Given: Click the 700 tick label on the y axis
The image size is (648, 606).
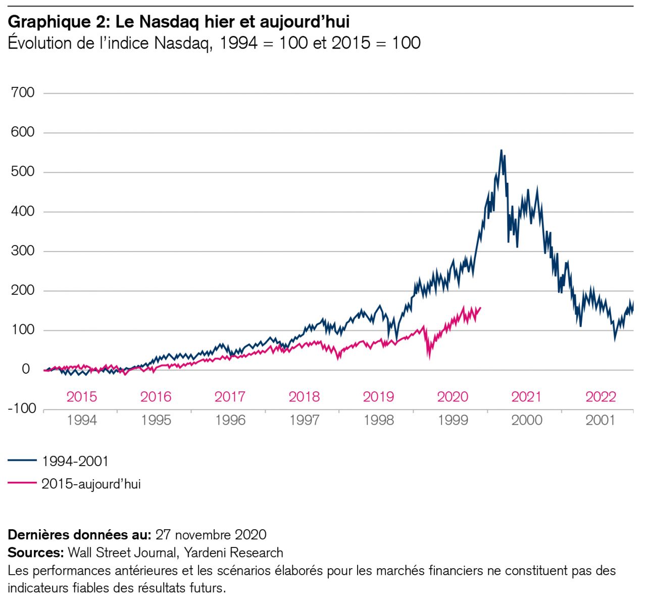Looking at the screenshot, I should (x=23, y=92).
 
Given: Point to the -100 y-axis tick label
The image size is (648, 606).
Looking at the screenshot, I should (x=22, y=409).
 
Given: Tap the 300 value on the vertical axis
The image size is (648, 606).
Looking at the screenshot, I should (x=23, y=251).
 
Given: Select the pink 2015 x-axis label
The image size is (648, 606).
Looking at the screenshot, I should (x=81, y=397).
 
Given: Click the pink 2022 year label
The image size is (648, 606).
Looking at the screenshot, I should (x=601, y=397).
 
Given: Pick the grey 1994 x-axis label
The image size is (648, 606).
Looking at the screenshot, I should (x=81, y=420).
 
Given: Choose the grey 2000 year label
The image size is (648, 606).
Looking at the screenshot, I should (x=526, y=420).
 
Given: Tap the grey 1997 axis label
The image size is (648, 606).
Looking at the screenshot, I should (x=304, y=420).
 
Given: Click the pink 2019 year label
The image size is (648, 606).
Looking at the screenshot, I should (x=378, y=397).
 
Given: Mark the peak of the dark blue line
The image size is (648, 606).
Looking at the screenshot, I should (x=501, y=150).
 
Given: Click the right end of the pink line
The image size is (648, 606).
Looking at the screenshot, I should (x=480, y=307).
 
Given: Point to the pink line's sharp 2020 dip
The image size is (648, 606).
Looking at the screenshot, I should (x=429, y=357).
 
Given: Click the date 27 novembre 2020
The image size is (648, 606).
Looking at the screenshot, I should (x=211, y=534).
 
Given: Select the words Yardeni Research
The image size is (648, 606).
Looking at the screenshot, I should (x=233, y=552).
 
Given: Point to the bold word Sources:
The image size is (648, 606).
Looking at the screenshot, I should (x=35, y=552).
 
